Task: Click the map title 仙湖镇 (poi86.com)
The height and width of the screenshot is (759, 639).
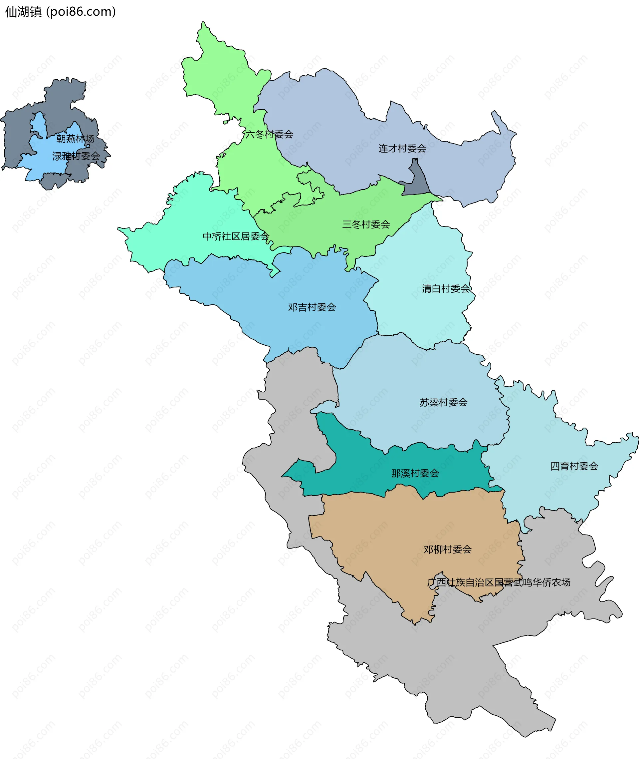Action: coord(60,12)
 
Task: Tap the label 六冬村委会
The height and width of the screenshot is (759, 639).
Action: coord(269,135)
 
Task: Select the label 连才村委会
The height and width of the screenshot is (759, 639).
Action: coord(402,149)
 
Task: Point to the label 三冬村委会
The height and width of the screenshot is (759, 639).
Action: coord(366,225)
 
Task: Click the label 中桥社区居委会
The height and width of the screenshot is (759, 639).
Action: coord(236,237)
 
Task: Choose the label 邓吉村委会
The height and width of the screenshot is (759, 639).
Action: coord(312,307)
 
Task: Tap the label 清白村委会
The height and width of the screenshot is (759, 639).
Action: coord(446,289)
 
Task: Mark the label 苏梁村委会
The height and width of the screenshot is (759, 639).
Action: coord(443,402)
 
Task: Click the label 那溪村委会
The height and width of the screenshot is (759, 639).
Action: coord(415,473)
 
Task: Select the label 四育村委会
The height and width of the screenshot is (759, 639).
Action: coord(574,466)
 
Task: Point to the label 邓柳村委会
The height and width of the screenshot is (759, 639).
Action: coord(448,550)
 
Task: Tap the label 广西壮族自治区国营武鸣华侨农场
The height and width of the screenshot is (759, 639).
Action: coord(499,582)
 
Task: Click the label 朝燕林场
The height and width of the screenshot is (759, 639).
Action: coord(75,139)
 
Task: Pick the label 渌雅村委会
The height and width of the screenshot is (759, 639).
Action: coord(76,156)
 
